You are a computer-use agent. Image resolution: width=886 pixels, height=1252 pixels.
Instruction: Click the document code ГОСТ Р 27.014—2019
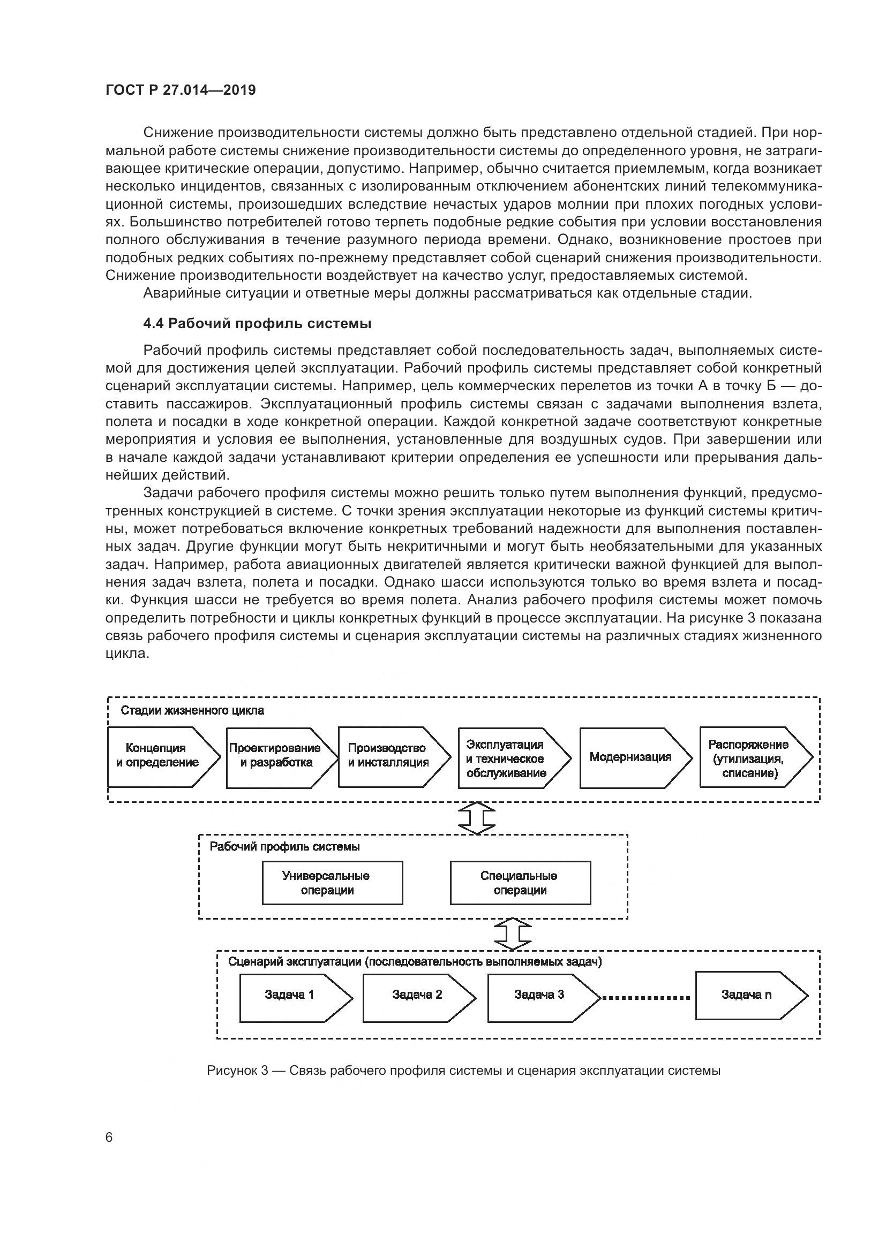pos(181,90)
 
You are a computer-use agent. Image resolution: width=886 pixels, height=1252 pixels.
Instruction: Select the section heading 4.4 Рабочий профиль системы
pos(257,323)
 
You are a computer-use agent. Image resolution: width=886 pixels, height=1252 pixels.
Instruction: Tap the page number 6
pos(109,1137)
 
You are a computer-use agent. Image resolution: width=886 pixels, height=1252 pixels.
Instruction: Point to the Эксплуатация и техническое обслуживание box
pos(507,758)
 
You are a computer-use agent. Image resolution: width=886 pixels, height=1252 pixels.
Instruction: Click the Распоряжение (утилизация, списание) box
pos(750,758)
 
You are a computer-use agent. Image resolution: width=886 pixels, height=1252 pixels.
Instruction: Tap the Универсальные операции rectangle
pos(332,883)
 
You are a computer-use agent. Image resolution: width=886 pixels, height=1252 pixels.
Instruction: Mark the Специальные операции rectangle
pos(520,883)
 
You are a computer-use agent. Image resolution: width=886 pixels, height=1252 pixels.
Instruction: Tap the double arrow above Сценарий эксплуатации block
pos(512,934)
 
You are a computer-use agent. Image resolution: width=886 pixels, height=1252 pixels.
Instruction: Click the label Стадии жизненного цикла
pos(192,710)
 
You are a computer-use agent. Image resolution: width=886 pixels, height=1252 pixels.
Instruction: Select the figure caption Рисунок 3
pos(463,1071)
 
